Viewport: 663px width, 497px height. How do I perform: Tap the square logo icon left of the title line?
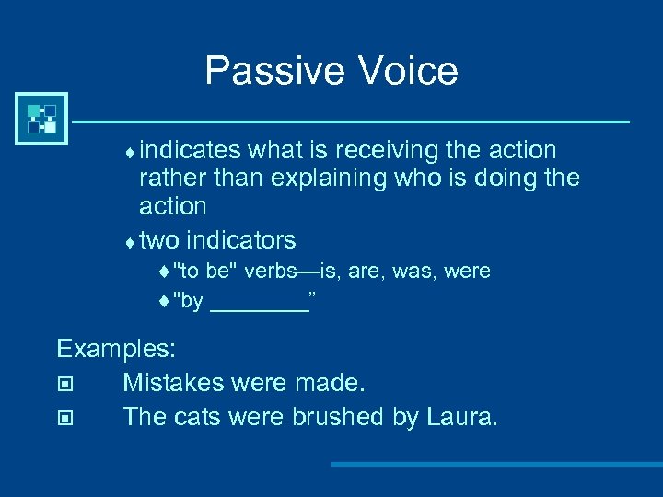(41, 120)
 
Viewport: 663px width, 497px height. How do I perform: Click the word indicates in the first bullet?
(191, 150)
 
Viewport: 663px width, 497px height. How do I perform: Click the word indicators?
(240, 241)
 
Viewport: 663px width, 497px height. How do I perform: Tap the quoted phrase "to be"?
(203, 272)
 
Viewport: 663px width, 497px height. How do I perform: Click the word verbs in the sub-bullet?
(263, 272)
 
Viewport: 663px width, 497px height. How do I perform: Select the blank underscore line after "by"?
(259, 303)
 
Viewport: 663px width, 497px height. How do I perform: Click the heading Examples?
(117, 349)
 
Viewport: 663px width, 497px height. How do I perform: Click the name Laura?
(461, 417)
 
